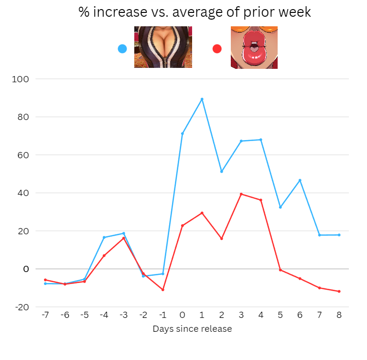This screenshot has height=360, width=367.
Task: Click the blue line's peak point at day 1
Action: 202,99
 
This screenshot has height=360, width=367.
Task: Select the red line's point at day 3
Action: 241,194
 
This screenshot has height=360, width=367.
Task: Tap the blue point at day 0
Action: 183,133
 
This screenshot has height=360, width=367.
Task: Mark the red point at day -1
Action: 163,290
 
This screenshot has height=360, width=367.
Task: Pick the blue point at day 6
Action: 300,180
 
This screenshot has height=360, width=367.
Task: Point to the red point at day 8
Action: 339,291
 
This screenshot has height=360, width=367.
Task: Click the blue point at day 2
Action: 222,172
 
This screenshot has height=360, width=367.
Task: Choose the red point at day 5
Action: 281,270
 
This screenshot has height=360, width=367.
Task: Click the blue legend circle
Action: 122,49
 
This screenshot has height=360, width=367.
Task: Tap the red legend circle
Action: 217,49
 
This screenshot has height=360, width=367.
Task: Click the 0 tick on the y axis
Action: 26,269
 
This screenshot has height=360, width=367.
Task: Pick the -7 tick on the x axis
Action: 45,316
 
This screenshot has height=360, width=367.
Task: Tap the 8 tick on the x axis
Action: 339,316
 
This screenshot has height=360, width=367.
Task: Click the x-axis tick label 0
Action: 183,316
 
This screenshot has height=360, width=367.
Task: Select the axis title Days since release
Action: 192,329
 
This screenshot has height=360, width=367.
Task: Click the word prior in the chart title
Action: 258,12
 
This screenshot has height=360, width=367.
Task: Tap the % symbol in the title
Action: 85,12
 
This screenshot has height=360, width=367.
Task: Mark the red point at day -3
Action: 124,238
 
